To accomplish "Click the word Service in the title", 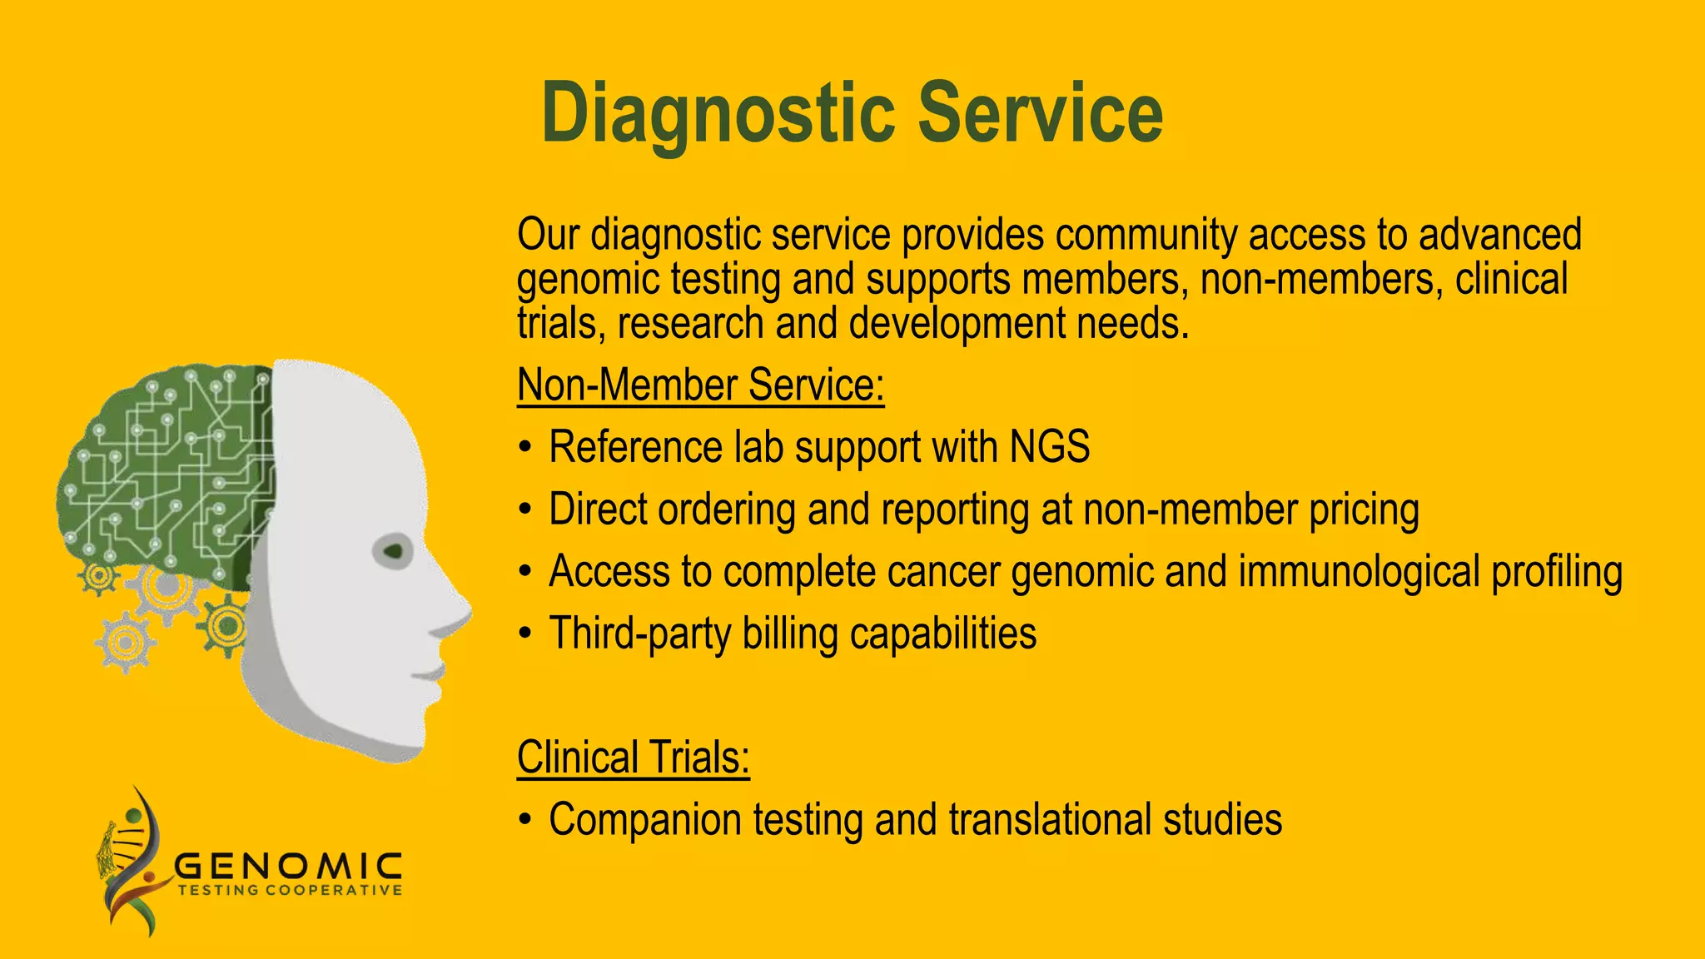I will click(1040, 114).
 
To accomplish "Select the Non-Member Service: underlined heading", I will click(700, 385).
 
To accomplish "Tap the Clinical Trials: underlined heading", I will click(633, 758).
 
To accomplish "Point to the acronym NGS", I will click(1049, 447).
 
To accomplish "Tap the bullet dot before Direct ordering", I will click(524, 509).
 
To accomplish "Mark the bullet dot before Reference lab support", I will click(524, 448).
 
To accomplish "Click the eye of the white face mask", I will click(394, 551).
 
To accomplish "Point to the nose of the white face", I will click(454, 612).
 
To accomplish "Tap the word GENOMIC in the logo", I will click(288, 867).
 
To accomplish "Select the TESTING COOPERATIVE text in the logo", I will click(290, 891).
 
